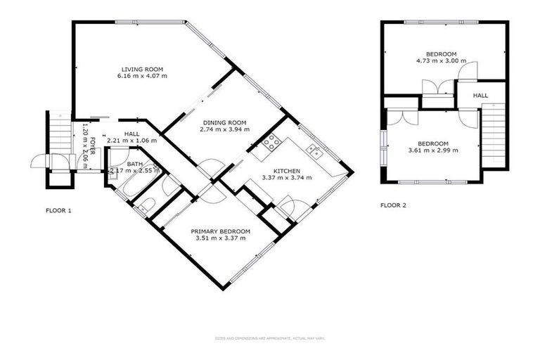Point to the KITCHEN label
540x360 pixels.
286,170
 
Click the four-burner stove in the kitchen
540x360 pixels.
271,144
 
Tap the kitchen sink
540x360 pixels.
314,150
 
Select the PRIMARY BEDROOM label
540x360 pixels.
221,231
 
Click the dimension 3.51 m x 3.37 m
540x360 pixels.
221,238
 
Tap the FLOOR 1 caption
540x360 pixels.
58,210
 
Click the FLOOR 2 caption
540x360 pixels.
393,205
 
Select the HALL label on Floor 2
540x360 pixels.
480,95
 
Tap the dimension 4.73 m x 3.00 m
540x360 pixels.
442,62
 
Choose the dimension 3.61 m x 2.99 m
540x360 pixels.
433,150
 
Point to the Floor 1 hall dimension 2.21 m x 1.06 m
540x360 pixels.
131,141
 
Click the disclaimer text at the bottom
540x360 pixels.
269,338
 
